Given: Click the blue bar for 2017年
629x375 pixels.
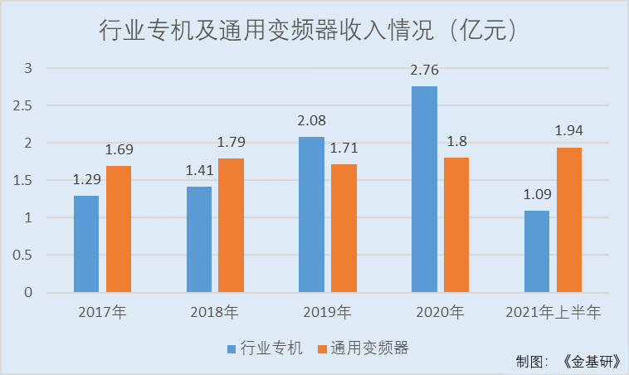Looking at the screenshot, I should tap(86, 244).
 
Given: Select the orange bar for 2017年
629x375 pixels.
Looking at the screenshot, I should tap(119, 229).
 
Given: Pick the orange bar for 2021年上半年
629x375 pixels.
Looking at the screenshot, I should tap(569, 220).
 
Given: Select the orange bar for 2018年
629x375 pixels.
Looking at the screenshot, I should tap(232, 225).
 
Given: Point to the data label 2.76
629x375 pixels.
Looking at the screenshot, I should tap(424, 71).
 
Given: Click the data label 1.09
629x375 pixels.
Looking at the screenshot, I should tap(537, 196).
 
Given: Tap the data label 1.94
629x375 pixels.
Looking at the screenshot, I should tap(569, 132).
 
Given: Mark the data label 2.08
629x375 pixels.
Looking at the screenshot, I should tap(311, 122).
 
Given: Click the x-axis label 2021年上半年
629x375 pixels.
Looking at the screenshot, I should tap(553, 314).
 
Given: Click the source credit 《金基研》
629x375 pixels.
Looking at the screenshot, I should tap(589, 362).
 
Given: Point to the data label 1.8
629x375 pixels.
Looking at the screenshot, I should tap(456, 142).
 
